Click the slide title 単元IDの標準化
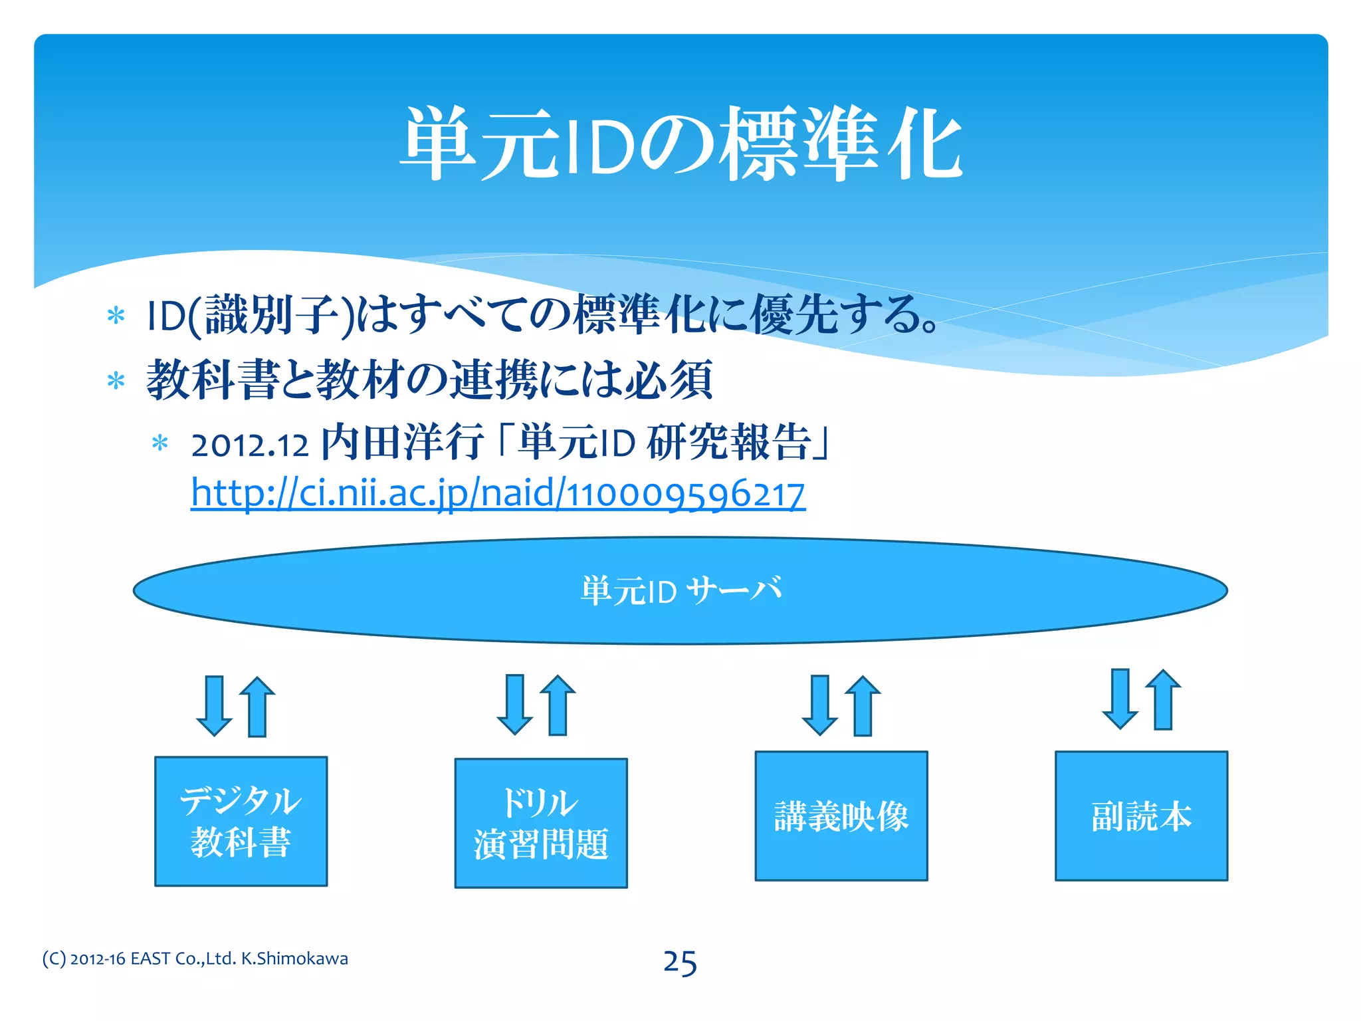click(x=680, y=144)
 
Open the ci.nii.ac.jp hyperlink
click(x=498, y=493)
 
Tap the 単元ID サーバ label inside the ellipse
click(x=680, y=590)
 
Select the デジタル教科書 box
click(x=241, y=821)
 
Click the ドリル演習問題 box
click(x=541, y=823)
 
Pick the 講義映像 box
click(x=841, y=816)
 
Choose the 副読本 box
click(x=1141, y=816)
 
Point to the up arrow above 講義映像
click(x=863, y=705)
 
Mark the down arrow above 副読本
click(x=1120, y=699)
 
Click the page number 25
click(x=680, y=963)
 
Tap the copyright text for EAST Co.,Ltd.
click(x=195, y=959)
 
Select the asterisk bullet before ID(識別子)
click(x=116, y=316)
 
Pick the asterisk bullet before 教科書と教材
click(x=116, y=381)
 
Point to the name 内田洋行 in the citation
click(x=402, y=443)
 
